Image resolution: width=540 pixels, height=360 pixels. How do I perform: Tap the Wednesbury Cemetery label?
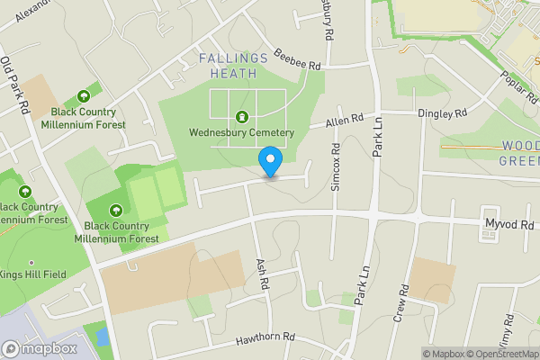pyautogui.click(x=241, y=132)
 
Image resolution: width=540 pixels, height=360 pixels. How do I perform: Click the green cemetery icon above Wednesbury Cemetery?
pyautogui.click(x=241, y=117)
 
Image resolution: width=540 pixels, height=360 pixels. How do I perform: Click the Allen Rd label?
pyautogui.click(x=344, y=119)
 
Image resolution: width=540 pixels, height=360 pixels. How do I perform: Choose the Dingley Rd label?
pyautogui.click(x=442, y=113)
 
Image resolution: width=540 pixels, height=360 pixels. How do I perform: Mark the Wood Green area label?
pyautogui.click(x=519, y=152)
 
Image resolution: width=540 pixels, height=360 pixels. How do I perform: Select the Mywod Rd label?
pyautogui.click(x=509, y=224)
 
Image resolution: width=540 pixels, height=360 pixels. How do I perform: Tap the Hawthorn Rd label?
pyautogui.click(x=265, y=338)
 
